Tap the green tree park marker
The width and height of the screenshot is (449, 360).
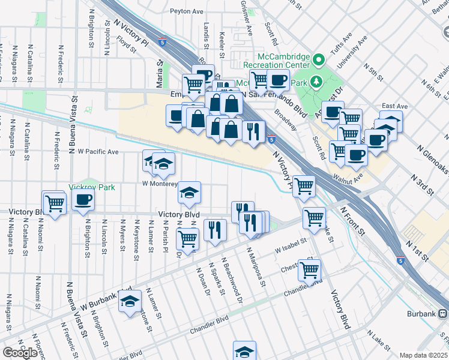point(319,60)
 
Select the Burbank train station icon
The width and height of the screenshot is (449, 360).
point(442,313)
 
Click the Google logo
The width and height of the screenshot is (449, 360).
point(20,352)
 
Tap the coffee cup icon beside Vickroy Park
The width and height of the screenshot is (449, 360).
point(83,200)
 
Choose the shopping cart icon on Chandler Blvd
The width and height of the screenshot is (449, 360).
point(310,270)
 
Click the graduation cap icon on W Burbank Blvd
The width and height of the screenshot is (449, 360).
point(129,302)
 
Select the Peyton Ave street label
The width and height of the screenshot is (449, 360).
point(187,11)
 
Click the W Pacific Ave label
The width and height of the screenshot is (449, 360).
point(98,152)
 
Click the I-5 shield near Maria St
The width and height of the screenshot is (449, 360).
point(163,41)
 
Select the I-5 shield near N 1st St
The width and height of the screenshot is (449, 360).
point(400,261)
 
